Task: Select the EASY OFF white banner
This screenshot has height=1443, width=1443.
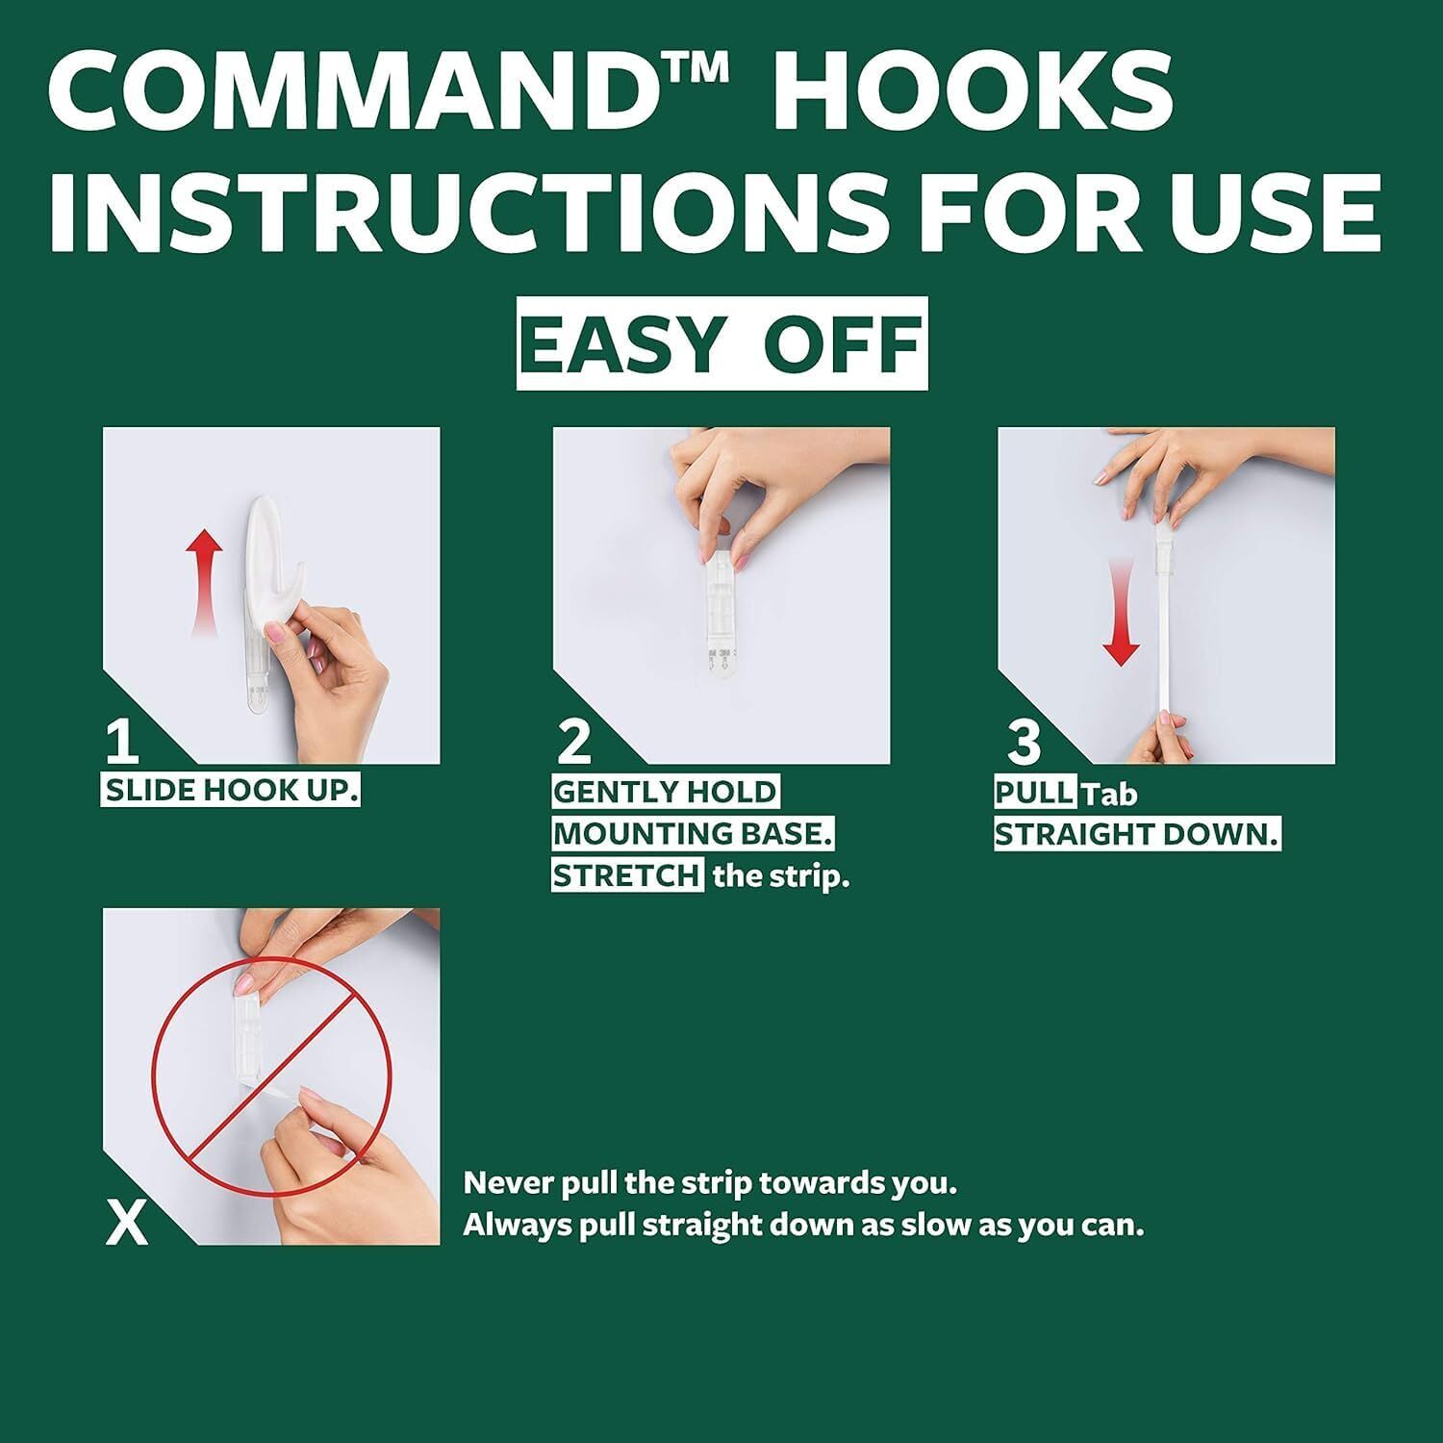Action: point(721,343)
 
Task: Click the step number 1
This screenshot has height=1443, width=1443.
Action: point(122,742)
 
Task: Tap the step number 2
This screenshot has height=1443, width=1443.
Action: point(574,742)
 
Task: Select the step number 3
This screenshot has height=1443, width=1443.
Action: point(1024,742)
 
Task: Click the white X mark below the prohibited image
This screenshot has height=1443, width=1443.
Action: point(127,1224)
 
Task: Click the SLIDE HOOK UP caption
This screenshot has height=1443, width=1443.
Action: point(231,792)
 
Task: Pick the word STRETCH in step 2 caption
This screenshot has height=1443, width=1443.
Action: point(626,876)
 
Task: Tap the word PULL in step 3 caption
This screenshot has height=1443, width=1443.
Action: point(1033,793)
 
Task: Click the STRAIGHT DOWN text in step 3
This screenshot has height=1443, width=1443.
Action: point(1136,835)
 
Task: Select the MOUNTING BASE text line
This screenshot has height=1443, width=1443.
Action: point(693,834)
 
